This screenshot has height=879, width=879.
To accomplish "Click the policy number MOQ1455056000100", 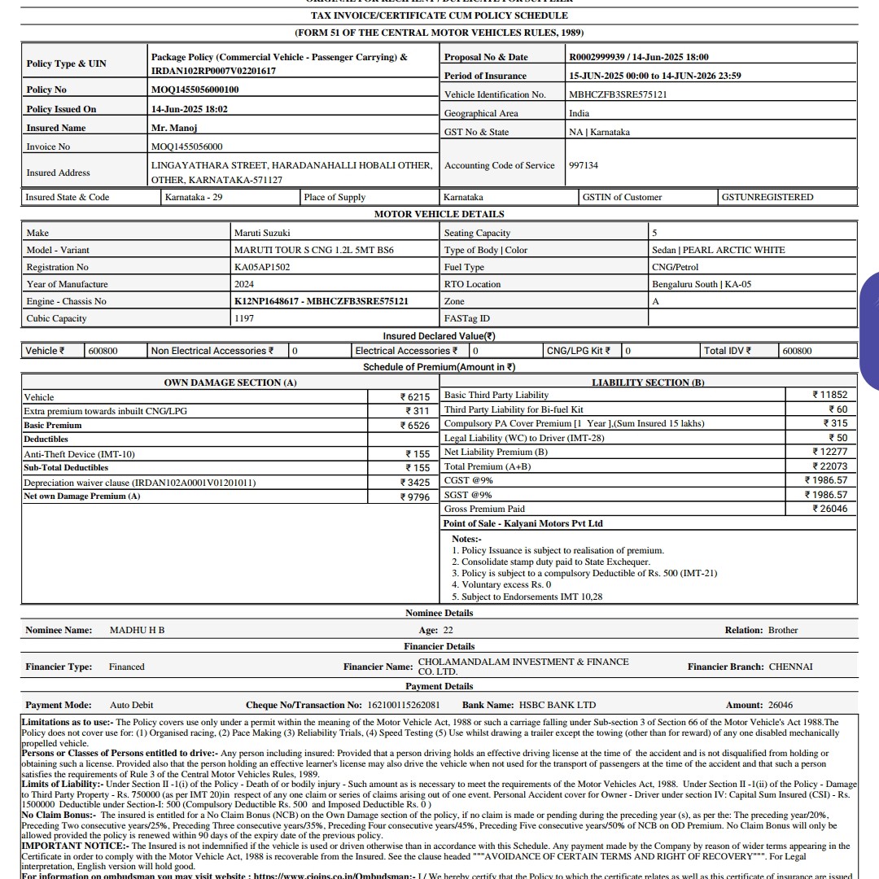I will [195, 90].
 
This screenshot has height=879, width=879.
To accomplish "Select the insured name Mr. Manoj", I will [174, 128].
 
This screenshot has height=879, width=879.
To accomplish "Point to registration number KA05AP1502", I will [262, 267].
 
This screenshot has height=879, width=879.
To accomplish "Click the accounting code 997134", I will [584, 165].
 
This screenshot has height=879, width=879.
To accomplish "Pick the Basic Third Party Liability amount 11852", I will [829, 395].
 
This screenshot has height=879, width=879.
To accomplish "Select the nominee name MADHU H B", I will [137, 630].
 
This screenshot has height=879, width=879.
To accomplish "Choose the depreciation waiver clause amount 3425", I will [415, 483].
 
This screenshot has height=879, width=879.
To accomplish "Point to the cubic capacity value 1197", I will [244, 318].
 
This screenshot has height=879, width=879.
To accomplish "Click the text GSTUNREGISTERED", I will [767, 197].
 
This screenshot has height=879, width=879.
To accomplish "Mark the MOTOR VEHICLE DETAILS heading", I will [439, 214].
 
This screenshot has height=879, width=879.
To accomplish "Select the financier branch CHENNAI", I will [790, 667].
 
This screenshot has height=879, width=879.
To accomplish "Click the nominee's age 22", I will [448, 630].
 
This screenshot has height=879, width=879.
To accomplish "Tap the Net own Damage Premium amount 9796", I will [415, 496].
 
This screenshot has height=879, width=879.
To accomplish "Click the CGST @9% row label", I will [468, 480].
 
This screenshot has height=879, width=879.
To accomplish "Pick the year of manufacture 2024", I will [244, 284].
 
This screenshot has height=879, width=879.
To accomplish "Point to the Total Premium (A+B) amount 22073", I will [829, 466].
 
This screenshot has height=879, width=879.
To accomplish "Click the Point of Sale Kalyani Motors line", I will [523, 523].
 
